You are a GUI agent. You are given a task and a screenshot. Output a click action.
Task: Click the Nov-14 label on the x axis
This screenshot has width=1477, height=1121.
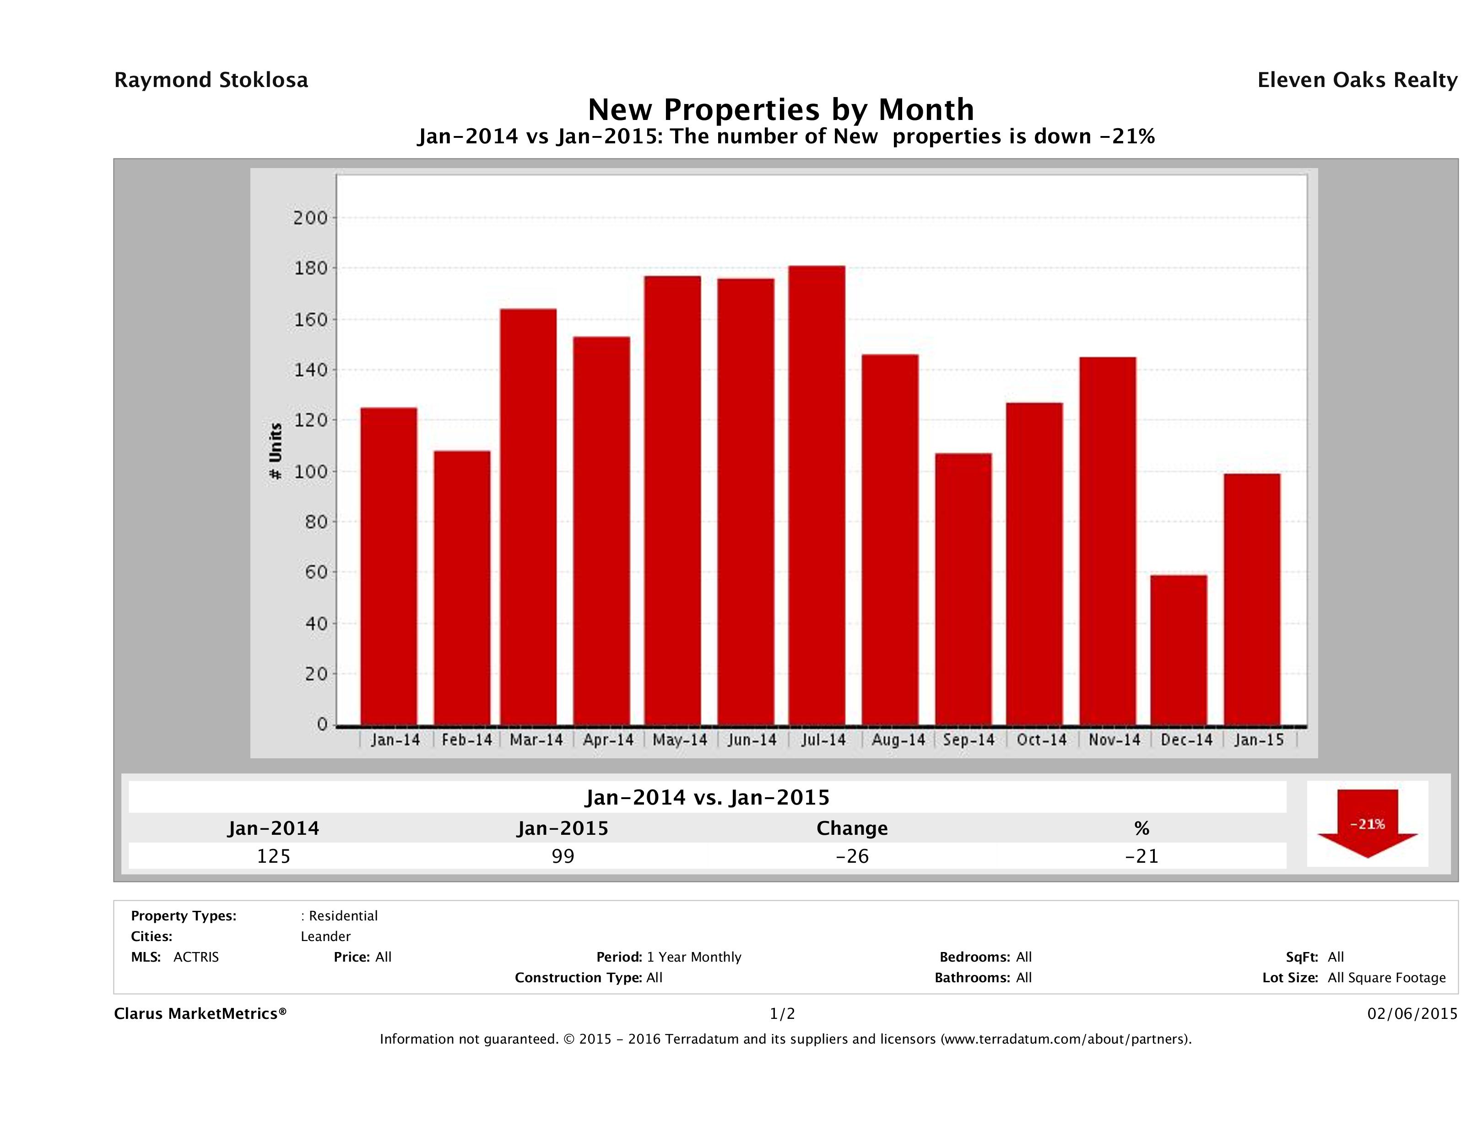pyautogui.click(x=1114, y=740)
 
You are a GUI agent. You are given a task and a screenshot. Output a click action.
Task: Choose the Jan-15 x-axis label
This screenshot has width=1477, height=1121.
pyautogui.click(x=1259, y=740)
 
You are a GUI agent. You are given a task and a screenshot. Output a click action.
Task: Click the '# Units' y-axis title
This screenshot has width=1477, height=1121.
pyautogui.click(x=275, y=452)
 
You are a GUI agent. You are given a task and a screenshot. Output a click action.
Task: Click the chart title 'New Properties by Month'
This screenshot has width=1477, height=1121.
pyautogui.click(x=780, y=109)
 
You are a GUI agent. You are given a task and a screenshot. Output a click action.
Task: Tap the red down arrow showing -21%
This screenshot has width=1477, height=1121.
pyautogui.click(x=1367, y=824)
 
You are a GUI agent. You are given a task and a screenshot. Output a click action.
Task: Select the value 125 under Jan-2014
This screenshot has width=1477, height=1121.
pyautogui.click(x=274, y=856)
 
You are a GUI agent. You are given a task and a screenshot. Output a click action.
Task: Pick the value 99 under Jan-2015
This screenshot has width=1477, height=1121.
pyautogui.click(x=563, y=856)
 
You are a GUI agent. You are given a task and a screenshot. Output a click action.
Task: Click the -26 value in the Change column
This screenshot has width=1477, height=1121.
pyautogui.click(x=852, y=856)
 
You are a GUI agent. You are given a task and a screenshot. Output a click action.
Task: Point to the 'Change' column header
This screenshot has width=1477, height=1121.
pyautogui.click(x=852, y=828)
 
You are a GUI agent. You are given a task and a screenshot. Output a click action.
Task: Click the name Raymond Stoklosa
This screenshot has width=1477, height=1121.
pyautogui.click(x=211, y=80)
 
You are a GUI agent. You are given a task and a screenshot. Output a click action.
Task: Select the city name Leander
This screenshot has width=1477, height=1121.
pyautogui.click(x=325, y=936)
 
